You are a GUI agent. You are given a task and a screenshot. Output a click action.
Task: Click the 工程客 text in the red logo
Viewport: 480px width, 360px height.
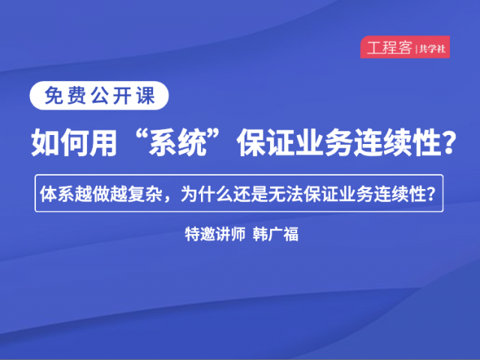[389, 47]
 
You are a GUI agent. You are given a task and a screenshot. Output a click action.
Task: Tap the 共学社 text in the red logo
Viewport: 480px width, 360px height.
[432, 49]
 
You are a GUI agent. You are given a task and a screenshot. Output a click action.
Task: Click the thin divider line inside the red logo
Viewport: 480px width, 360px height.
[416, 49]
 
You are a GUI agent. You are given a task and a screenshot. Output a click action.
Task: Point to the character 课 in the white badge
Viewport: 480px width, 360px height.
[145, 95]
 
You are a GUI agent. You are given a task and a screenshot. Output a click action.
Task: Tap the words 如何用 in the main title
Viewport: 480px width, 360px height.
[74, 142]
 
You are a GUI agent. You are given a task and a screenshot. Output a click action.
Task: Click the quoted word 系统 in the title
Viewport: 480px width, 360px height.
[178, 142]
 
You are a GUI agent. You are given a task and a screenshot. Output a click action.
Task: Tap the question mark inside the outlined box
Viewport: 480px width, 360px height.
[431, 193]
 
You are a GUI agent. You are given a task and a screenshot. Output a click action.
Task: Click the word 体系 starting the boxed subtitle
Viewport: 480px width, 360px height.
[57, 193]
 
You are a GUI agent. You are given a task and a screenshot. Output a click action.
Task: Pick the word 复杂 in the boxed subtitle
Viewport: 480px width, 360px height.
[145, 193]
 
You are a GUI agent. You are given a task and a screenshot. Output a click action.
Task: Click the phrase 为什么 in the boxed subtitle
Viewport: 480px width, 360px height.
[207, 193]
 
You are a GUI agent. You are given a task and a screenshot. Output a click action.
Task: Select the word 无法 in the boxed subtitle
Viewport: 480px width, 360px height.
[286, 193]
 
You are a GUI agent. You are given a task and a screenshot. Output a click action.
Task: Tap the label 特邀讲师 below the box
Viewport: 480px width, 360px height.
[215, 235]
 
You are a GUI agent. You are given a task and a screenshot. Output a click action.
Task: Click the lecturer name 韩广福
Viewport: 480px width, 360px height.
[275, 235]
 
